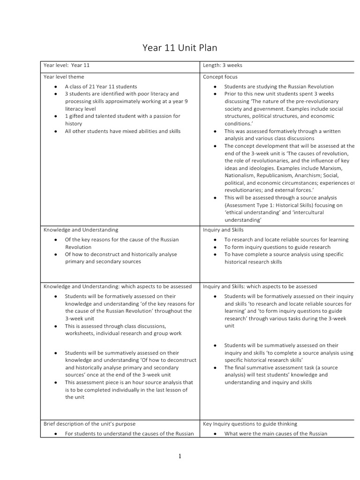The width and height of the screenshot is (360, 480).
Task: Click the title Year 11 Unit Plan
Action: click(180, 48)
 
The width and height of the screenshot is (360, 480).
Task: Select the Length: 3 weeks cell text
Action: click(223, 65)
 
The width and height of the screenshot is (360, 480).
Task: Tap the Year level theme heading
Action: click(64, 76)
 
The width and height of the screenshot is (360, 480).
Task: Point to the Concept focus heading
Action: click(220, 76)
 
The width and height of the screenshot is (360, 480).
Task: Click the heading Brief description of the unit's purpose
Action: click(90, 424)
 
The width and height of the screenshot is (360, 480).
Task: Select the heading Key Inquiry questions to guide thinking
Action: click(250, 424)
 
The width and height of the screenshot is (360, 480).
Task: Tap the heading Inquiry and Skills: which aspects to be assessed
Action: click(260, 286)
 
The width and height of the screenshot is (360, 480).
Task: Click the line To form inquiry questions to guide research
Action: click(277, 247)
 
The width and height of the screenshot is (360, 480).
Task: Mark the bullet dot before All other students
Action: click(55, 131)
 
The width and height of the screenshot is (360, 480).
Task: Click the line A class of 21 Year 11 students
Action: click(101, 87)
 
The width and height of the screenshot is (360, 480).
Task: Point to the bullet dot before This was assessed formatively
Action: click(215, 131)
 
